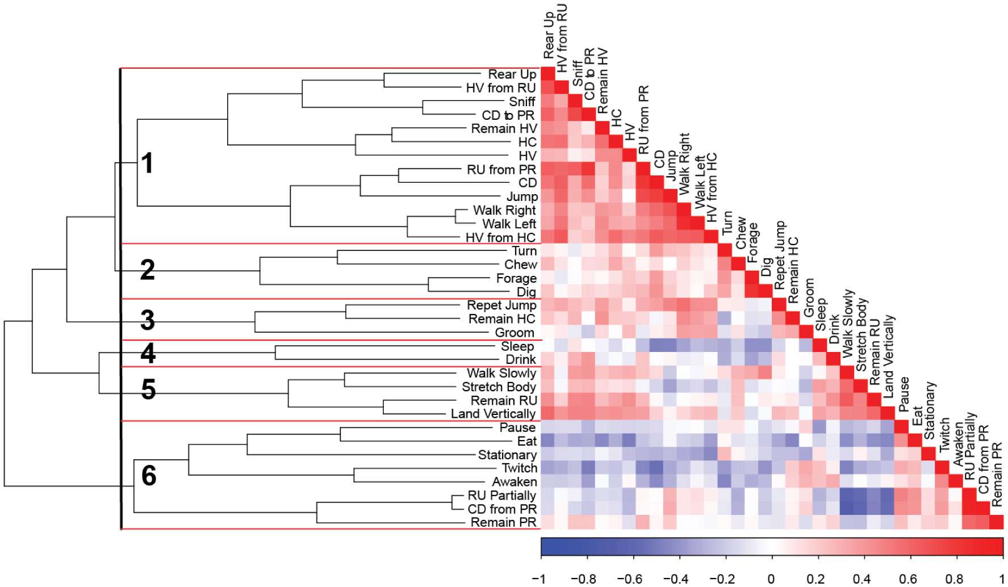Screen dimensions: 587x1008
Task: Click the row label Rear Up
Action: click(512, 74)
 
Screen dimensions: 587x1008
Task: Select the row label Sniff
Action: click(522, 102)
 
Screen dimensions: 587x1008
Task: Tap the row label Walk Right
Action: click(504, 211)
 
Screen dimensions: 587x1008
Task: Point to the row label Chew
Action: click(520, 265)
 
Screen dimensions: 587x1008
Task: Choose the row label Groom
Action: click(515, 333)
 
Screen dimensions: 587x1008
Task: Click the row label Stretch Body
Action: click(499, 387)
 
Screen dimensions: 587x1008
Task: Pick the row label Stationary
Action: click(507, 455)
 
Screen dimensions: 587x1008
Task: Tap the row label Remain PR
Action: click(503, 522)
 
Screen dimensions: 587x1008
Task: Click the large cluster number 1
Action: click(147, 163)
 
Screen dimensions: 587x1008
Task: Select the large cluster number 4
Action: click(148, 353)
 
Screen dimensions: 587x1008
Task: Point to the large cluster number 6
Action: click(148, 475)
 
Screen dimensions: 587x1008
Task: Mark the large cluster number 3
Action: click(147, 320)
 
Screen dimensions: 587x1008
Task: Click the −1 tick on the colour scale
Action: click(538, 578)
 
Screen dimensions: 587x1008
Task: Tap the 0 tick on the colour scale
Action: click(771, 578)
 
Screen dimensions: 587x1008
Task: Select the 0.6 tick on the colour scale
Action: click(907, 578)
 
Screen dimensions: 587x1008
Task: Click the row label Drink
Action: click(520, 360)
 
